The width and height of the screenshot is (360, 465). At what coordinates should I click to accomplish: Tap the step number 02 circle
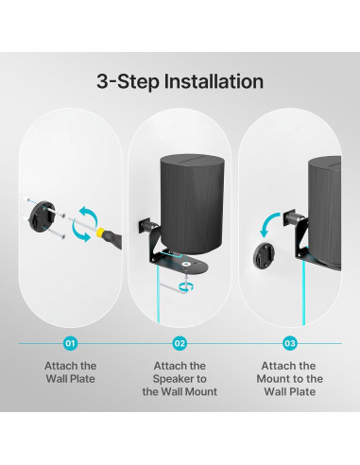(x=180, y=343)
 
